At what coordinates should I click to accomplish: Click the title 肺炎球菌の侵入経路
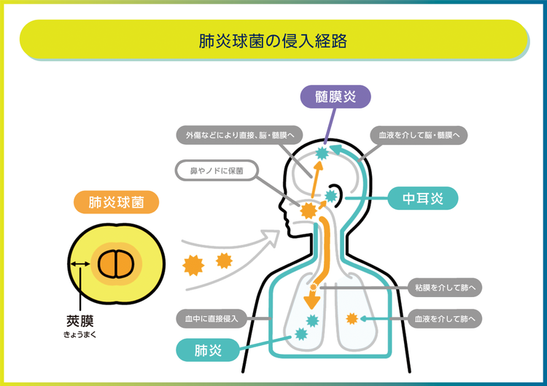273,39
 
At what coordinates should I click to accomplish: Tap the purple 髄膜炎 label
336,96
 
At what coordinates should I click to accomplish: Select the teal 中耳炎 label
422,197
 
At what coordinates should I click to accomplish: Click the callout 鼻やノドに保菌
216,172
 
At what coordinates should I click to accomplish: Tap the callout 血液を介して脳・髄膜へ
418,135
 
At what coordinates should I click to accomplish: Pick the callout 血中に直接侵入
215,318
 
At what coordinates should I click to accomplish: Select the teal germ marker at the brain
322,153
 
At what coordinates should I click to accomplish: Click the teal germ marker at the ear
332,195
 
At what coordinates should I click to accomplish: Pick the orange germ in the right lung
353,318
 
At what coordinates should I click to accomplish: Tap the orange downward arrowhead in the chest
312,299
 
